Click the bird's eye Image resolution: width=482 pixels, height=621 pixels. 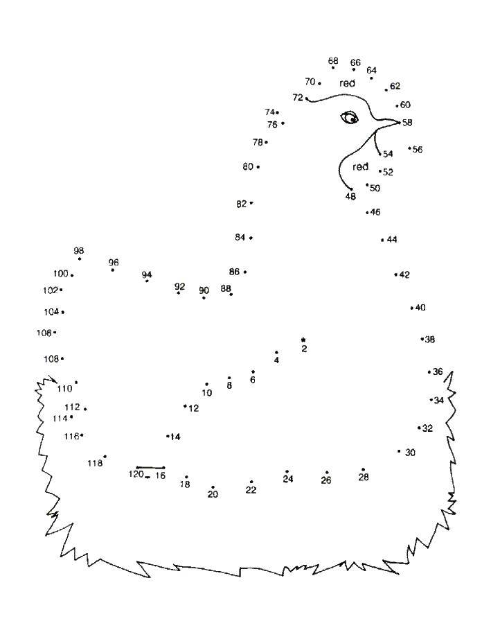click(x=350, y=118)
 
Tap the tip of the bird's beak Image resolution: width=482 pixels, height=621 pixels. click(x=400, y=123)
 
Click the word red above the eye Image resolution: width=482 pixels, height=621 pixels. click(x=347, y=83)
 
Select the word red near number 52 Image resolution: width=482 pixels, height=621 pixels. click(x=360, y=167)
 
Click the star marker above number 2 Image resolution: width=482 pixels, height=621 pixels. click(x=303, y=340)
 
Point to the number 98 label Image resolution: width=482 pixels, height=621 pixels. click(x=79, y=251)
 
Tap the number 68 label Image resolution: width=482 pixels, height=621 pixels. click(x=333, y=60)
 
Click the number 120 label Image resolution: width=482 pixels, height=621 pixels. click(x=136, y=473)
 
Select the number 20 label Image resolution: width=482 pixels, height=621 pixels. click(x=213, y=494)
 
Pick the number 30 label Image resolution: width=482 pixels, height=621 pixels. click(x=411, y=453)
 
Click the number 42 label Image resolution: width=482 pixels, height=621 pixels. click(x=404, y=274)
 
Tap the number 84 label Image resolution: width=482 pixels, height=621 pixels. click(x=240, y=237)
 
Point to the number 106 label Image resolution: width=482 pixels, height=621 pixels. click(x=44, y=333)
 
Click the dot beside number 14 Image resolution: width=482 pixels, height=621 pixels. click(x=168, y=436)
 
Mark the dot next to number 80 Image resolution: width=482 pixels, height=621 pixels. click(x=258, y=167)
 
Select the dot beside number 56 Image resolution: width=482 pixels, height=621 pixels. click(x=409, y=148)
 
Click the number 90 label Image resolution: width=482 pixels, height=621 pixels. click(x=204, y=290)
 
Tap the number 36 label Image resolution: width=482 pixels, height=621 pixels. click(x=438, y=371)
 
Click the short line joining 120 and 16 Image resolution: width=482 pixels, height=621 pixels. click(x=151, y=468)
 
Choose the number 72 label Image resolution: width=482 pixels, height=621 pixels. click(x=298, y=98)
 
